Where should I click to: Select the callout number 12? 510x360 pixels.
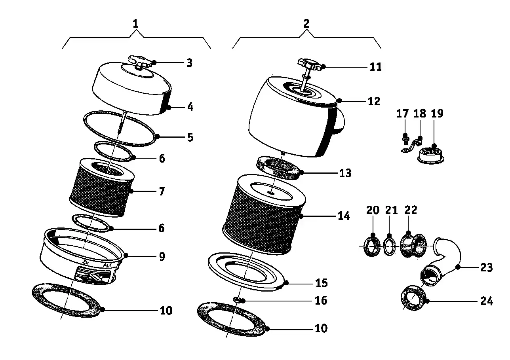373,101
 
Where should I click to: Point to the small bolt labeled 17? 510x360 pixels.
405,138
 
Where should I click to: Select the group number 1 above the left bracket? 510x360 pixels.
135,24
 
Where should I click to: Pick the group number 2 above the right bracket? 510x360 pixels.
306,23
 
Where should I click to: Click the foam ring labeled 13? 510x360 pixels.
279,167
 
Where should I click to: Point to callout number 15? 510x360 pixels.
321,283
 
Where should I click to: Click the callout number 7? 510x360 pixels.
161,191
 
